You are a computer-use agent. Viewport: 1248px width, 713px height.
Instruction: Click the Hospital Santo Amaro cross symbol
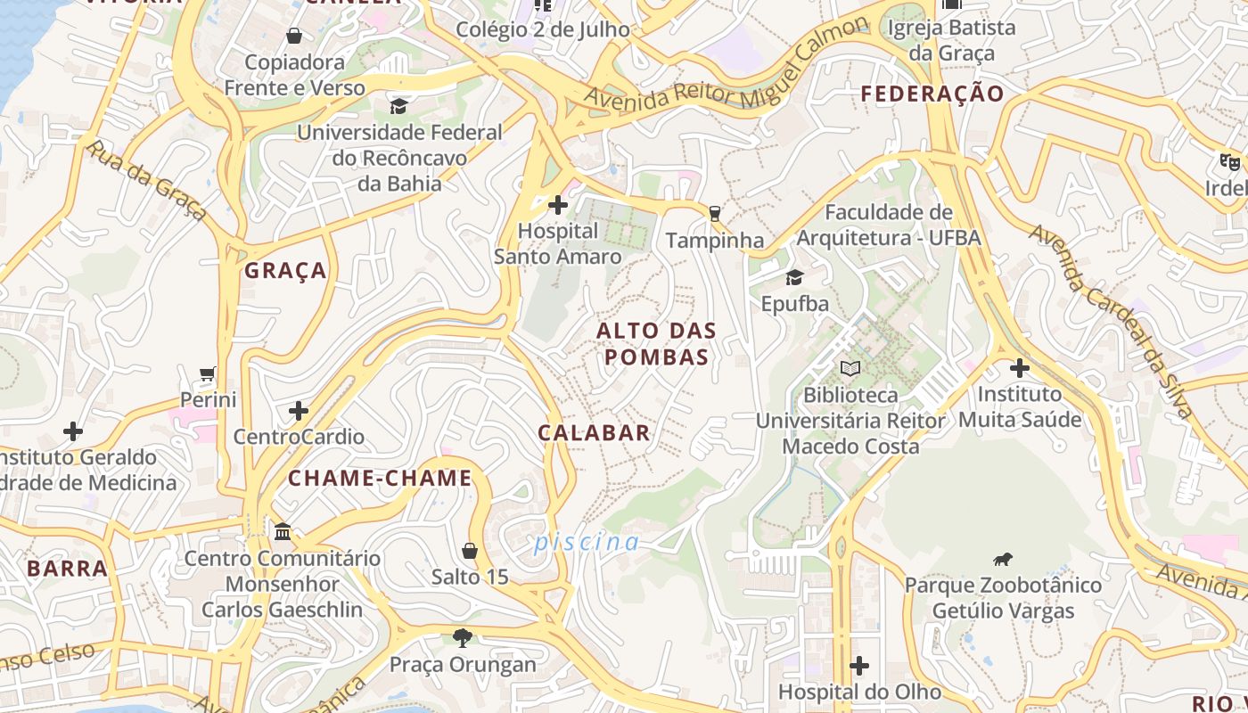(558, 206)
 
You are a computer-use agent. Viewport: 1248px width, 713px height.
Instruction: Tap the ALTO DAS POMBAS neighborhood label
(656, 344)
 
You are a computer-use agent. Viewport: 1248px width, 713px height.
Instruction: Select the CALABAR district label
(594, 433)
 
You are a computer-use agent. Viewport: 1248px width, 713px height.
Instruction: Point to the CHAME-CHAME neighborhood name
(380, 479)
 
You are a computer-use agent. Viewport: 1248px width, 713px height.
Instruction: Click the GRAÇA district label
(286, 271)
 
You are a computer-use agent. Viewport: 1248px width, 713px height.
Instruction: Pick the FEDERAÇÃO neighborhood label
(932, 94)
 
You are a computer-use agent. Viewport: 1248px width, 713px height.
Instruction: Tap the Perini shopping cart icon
(208, 374)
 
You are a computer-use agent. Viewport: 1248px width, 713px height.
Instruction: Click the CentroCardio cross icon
(299, 411)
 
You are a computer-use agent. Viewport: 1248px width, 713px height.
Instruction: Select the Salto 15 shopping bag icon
(470, 551)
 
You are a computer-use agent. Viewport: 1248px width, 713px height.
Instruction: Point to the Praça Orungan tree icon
(462, 637)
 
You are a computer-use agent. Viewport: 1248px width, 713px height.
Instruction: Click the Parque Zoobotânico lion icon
(1003, 560)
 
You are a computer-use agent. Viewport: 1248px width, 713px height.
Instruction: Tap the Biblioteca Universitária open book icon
(850, 367)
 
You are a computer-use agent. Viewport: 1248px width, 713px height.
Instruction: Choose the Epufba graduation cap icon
(794, 277)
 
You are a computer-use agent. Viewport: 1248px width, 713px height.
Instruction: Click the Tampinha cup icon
(713, 213)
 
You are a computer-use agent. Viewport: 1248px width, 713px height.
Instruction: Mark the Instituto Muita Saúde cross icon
(1020, 367)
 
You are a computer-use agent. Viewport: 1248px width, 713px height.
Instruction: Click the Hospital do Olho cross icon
(859, 666)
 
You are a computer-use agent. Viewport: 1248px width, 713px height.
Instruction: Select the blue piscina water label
(587, 542)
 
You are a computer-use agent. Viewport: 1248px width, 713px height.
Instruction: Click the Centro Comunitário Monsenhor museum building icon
(283, 532)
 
